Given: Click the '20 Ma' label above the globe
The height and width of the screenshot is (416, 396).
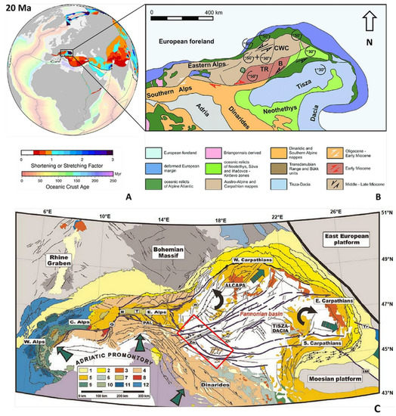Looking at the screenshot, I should click(19, 10).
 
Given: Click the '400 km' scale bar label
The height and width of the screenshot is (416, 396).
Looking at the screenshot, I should click(204, 15).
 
